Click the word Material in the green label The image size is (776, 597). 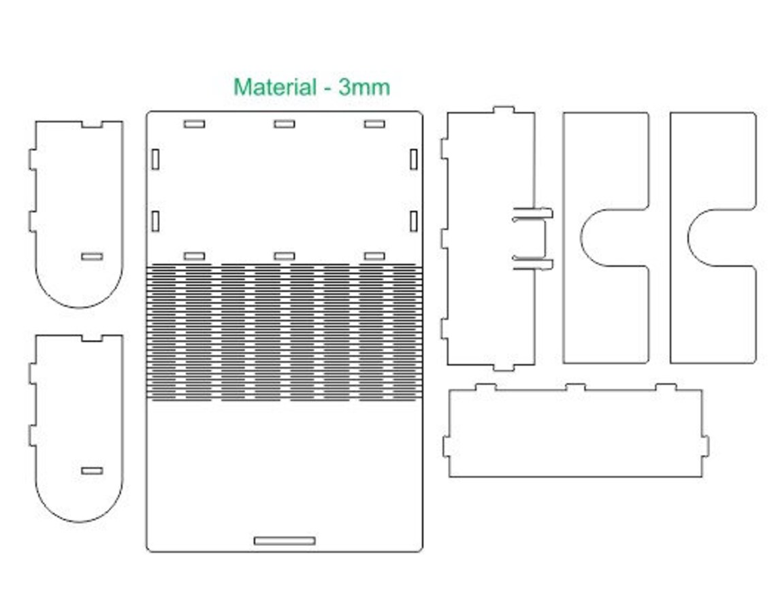click(275, 87)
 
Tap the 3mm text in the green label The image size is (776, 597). click(364, 88)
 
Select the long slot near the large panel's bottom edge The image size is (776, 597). click(285, 541)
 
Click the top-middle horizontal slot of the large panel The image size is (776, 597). click(285, 124)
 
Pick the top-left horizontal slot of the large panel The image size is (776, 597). click(194, 124)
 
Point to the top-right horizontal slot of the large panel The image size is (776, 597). click(374, 124)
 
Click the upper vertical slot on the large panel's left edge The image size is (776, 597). click(155, 159)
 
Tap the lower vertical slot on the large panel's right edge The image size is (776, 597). click(414, 221)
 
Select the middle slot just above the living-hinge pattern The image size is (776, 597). click(285, 256)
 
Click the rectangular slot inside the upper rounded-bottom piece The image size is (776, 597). click(92, 256)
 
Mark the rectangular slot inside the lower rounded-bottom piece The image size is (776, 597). click(92, 471)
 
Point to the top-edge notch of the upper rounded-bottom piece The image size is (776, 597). click(92, 124)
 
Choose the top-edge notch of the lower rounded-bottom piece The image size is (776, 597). click(92, 338)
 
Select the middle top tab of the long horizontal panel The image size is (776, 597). click(576, 387)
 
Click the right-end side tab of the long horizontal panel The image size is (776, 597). click(706, 446)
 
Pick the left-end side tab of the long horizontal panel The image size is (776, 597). click(447, 446)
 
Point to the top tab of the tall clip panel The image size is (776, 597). click(504, 109)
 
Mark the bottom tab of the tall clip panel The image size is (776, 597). click(504, 368)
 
